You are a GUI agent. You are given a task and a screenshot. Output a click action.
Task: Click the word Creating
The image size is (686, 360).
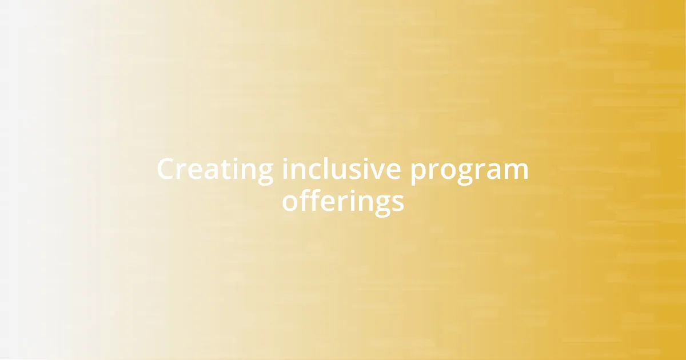215,170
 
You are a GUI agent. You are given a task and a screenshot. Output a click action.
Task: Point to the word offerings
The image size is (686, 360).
343,202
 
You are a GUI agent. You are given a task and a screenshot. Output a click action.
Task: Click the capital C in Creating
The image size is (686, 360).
166,170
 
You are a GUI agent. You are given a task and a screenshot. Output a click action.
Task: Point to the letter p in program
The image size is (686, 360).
417,173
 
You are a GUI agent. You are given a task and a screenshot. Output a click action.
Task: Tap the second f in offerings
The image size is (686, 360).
312,201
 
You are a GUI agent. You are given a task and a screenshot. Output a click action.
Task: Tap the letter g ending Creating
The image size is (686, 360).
265,173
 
